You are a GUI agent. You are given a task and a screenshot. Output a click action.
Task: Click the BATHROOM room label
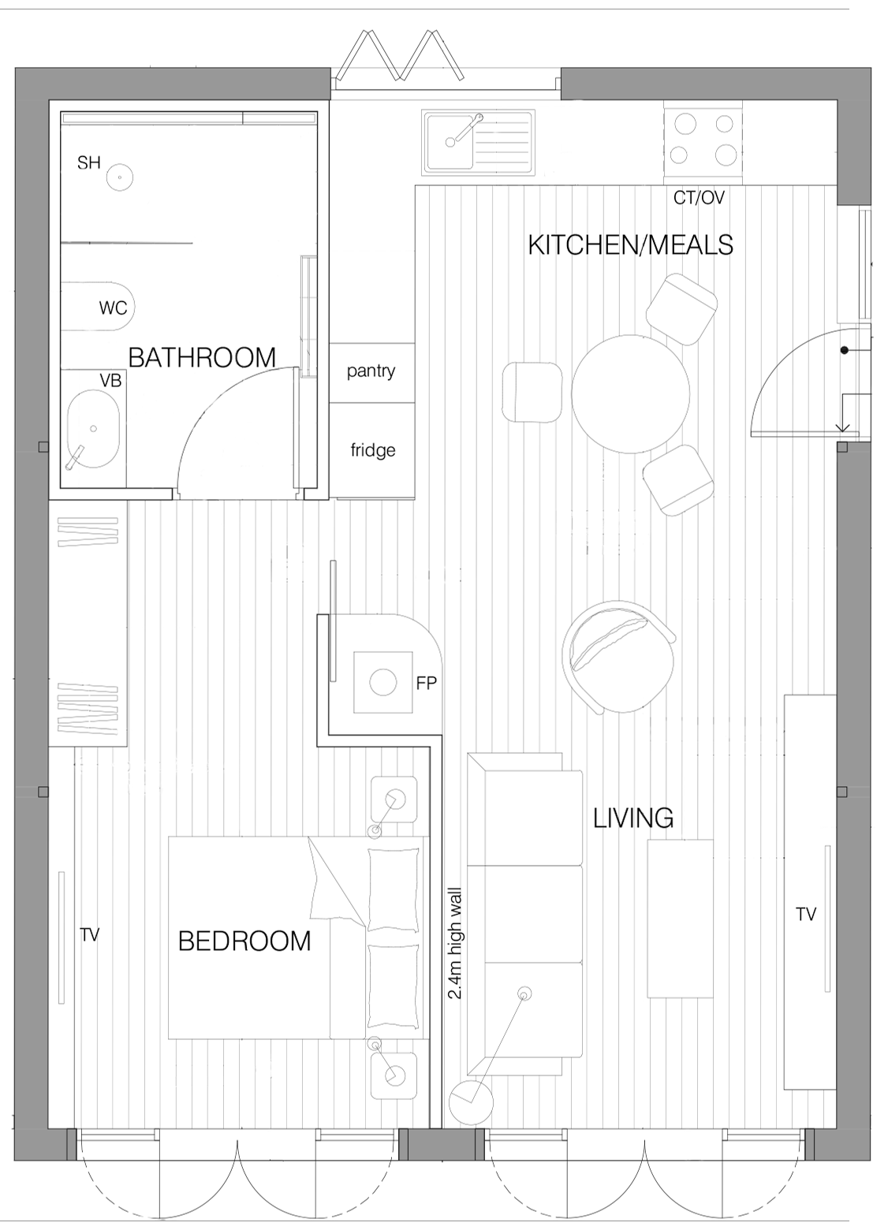tap(202, 357)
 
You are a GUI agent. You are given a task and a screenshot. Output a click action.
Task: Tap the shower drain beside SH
tap(120, 177)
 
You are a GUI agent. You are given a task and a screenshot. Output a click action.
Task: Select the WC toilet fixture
tap(98, 307)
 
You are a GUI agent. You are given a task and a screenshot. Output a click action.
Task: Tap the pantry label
tap(371, 371)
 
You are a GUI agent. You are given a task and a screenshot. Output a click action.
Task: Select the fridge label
tap(373, 450)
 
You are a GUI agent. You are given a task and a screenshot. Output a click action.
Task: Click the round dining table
tap(630, 393)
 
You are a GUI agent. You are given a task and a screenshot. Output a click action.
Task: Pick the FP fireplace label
tap(427, 683)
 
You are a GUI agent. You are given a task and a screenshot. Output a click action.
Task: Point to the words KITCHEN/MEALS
tap(630, 245)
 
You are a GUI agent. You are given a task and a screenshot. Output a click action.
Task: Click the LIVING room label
tap(633, 818)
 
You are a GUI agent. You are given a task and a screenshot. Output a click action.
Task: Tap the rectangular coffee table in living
tap(681, 919)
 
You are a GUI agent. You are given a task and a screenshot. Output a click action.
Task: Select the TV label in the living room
tap(806, 915)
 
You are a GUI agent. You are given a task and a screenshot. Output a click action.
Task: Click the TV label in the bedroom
tap(90, 934)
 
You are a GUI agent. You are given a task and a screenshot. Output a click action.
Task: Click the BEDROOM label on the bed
tap(244, 941)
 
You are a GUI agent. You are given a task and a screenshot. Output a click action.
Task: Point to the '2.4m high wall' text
tap(455, 943)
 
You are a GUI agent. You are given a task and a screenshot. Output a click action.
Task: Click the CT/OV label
tap(699, 198)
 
